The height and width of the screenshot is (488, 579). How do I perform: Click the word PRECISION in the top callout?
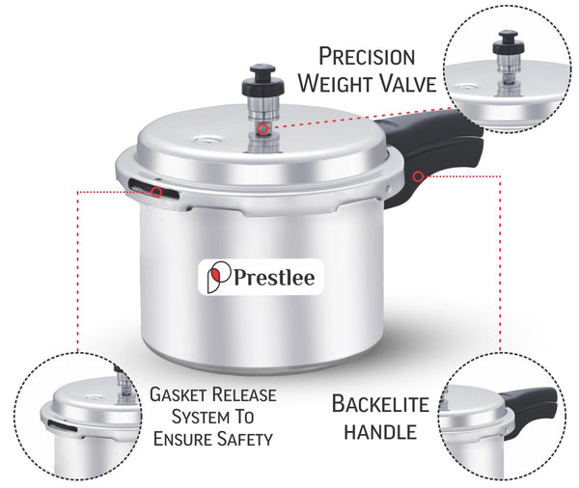(367, 57)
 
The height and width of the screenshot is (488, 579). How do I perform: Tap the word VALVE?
(408, 84)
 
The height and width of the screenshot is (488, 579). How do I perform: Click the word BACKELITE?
(380, 404)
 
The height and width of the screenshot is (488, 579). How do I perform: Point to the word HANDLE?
(380, 432)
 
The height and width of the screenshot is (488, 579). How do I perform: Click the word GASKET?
(178, 394)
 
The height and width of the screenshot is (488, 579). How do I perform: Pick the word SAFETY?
(244, 439)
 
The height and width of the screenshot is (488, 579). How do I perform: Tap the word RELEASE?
(244, 394)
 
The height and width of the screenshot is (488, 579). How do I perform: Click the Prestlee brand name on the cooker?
(274, 277)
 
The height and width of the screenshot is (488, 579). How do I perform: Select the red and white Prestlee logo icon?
(218, 277)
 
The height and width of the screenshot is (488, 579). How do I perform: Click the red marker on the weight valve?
(262, 129)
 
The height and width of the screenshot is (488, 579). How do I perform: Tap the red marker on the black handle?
(418, 176)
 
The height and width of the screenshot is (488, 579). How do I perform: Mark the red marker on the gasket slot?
(156, 192)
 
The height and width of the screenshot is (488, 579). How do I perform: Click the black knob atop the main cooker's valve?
(262, 79)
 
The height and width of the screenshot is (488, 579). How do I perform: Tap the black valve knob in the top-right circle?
(509, 41)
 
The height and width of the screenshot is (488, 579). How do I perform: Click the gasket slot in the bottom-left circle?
(62, 426)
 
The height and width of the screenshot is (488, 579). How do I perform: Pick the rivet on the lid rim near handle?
(387, 189)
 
